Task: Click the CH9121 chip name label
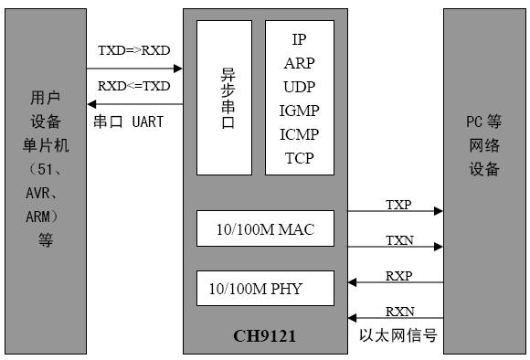click(x=264, y=336)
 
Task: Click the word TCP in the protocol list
click(x=299, y=158)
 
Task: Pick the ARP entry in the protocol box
click(x=299, y=63)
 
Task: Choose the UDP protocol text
click(x=299, y=87)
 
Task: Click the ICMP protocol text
click(x=299, y=134)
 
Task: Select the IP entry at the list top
click(x=299, y=39)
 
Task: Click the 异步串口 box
click(x=224, y=97)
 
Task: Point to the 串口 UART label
click(x=128, y=121)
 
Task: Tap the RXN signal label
click(x=398, y=310)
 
